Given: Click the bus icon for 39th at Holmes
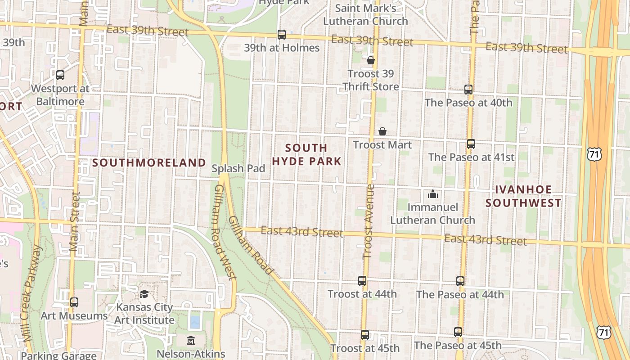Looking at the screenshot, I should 282,35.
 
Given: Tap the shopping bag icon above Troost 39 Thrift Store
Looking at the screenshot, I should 371,60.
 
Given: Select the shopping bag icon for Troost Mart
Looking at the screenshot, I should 382,131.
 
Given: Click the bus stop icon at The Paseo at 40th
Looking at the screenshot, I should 468,90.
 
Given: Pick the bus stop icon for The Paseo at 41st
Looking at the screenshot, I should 471,144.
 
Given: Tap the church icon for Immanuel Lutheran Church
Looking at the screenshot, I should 433,194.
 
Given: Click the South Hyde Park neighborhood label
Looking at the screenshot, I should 306,154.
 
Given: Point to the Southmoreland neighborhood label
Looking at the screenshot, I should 149,163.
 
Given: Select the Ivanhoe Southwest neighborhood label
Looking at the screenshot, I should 523,196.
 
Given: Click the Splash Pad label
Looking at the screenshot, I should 238,168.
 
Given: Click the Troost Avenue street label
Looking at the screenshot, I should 369,221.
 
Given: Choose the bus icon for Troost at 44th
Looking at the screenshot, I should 362,281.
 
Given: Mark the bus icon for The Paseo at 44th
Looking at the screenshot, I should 460,281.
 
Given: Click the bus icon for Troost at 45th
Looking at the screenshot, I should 365,335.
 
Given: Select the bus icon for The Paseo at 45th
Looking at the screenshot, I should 458,332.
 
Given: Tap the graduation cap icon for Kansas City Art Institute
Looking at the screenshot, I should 144,294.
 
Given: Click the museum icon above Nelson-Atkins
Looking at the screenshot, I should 191,341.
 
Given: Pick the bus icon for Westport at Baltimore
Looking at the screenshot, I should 60,75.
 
